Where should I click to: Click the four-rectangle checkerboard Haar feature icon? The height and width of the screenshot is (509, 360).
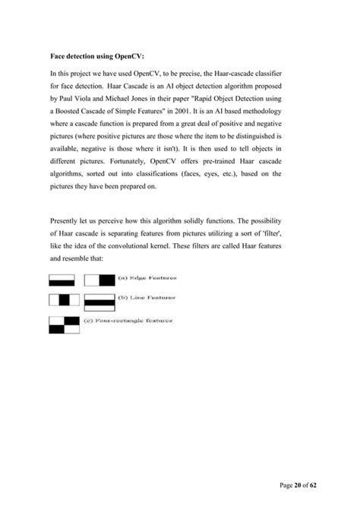pos(64,324)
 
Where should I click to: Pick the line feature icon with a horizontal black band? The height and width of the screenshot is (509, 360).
pos(98,304)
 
